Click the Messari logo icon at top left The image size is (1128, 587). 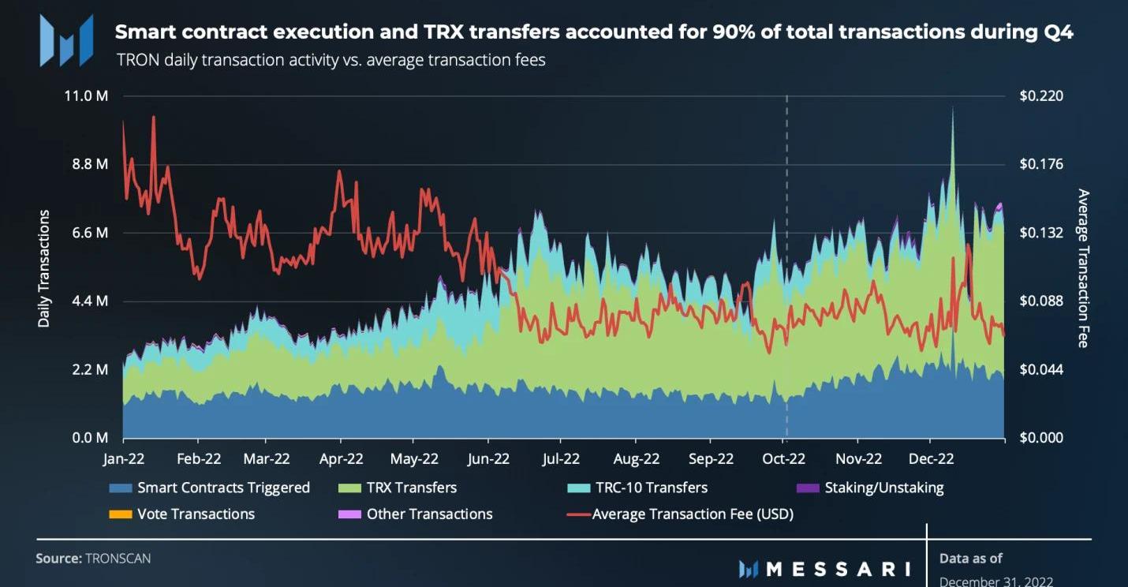click(x=67, y=40)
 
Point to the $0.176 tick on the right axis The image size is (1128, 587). click(x=1041, y=164)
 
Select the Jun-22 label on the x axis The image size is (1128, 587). click(x=488, y=459)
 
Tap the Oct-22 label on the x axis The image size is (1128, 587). click(x=785, y=459)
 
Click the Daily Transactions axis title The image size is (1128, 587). click(x=44, y=268)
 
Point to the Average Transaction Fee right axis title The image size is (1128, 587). click(x=1083, y=268)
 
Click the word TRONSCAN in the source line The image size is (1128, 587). click(x=118, y=559)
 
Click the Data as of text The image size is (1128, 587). click(x=970, y=559)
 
